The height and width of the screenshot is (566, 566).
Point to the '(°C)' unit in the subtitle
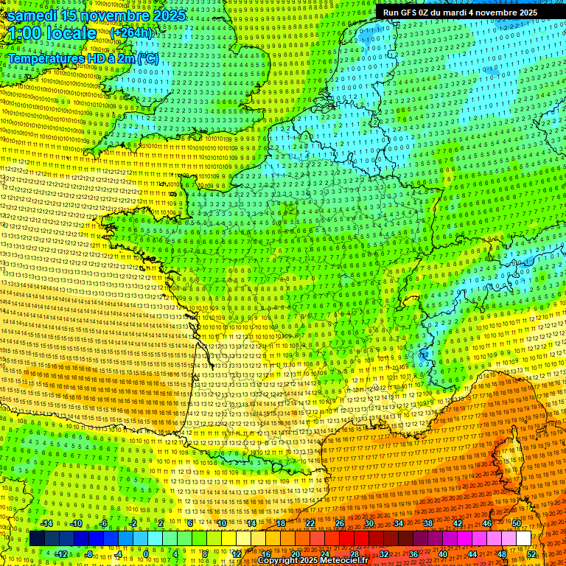pos(147,57)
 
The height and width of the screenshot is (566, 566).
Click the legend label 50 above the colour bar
pos(517,523)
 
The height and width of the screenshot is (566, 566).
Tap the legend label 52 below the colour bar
pos(531,553)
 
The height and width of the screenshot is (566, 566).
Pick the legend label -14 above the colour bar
pos(47,523)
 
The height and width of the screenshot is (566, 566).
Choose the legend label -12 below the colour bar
pos(61,553)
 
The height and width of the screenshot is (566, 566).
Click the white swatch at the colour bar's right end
pos(523,539)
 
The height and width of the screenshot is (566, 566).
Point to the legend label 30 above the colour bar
pos(369,523)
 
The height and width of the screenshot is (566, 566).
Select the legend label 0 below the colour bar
pos(145,553)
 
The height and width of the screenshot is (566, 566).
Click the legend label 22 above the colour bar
pos(310,523)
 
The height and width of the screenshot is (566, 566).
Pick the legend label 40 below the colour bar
pos(443,553)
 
